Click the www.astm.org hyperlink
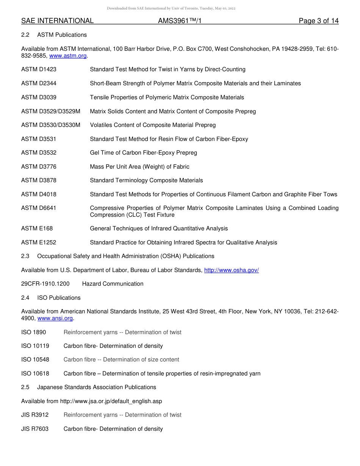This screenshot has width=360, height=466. (x=68, y=56)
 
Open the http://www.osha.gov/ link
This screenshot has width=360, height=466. (x=231, y=270)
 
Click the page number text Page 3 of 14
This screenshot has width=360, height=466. (x=318, y=21)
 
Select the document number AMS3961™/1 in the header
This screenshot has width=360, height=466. (x=179, y=21)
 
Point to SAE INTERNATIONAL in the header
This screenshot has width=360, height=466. (x=57, y=21)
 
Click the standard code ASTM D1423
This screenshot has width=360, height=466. (x=39, y=69)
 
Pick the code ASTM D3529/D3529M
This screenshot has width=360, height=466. (x=51, y=111)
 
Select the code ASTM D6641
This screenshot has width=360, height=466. (x=39, y=208)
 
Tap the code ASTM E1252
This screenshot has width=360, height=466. (x=39, y=242)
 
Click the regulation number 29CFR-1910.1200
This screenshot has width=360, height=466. (x=45, y=284)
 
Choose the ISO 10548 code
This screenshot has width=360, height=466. (x=35, y=360)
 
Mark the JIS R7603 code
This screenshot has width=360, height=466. (x=35, y=429)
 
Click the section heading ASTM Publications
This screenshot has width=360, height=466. (x=62, y=35)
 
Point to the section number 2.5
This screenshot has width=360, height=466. (x=25, y=387)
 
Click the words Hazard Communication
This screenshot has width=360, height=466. (x=113, y=284)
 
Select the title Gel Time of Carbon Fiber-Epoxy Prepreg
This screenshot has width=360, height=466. (x=143, y=153)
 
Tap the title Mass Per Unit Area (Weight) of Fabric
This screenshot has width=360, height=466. (x=139, y=167)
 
